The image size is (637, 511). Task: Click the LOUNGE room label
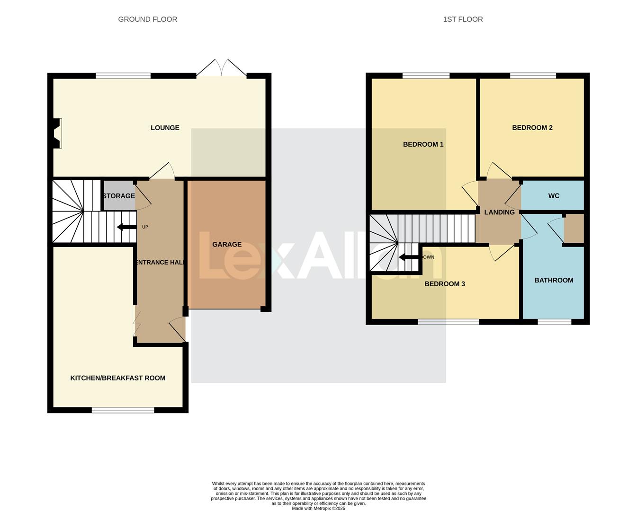point(165,128)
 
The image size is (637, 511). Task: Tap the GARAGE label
point(227,245)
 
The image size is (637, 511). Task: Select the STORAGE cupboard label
point(119,196)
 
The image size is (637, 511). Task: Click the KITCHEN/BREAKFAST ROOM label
point(118,378)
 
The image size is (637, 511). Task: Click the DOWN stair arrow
point(408,257)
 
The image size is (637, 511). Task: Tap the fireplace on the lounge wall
point(57,133)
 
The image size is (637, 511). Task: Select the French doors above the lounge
point(222,68)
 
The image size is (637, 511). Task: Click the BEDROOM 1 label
point(423,144)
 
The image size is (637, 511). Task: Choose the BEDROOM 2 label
point(532,128)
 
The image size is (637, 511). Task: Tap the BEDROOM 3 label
point(445,284)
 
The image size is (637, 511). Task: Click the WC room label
point(554,196)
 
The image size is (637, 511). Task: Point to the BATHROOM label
point(554,280)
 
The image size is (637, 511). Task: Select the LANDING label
point(499,212)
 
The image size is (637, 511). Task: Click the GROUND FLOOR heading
point(148,19)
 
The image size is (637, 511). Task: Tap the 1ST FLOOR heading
point(463,19)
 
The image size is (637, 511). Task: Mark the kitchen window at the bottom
point(123,410)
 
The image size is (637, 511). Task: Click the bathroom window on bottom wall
point(554,322)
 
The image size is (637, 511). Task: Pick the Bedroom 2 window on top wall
point(533,76)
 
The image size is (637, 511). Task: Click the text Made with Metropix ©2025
point(318,509)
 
